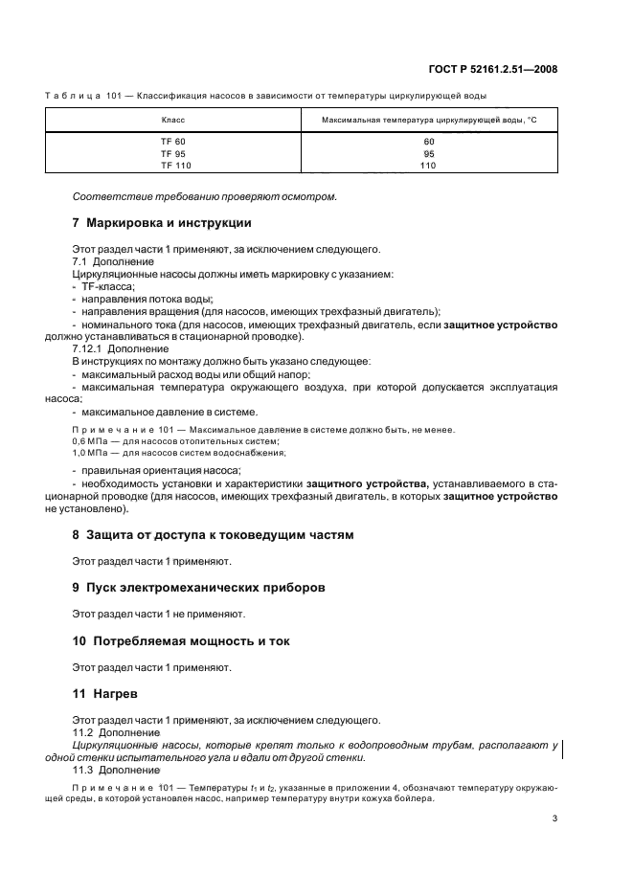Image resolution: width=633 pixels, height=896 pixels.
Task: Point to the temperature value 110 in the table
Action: [x=427, y=165]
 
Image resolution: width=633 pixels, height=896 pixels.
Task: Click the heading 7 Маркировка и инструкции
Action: [x=162, y=223]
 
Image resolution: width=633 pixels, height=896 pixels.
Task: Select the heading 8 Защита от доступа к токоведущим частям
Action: [x=213, y=534]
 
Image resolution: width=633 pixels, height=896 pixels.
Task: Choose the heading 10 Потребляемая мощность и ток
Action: [x=181, y=640]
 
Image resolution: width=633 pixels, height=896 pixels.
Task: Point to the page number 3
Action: [x=554, y=818]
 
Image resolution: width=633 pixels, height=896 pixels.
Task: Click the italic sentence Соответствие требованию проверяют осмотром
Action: [x=205, y=197]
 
